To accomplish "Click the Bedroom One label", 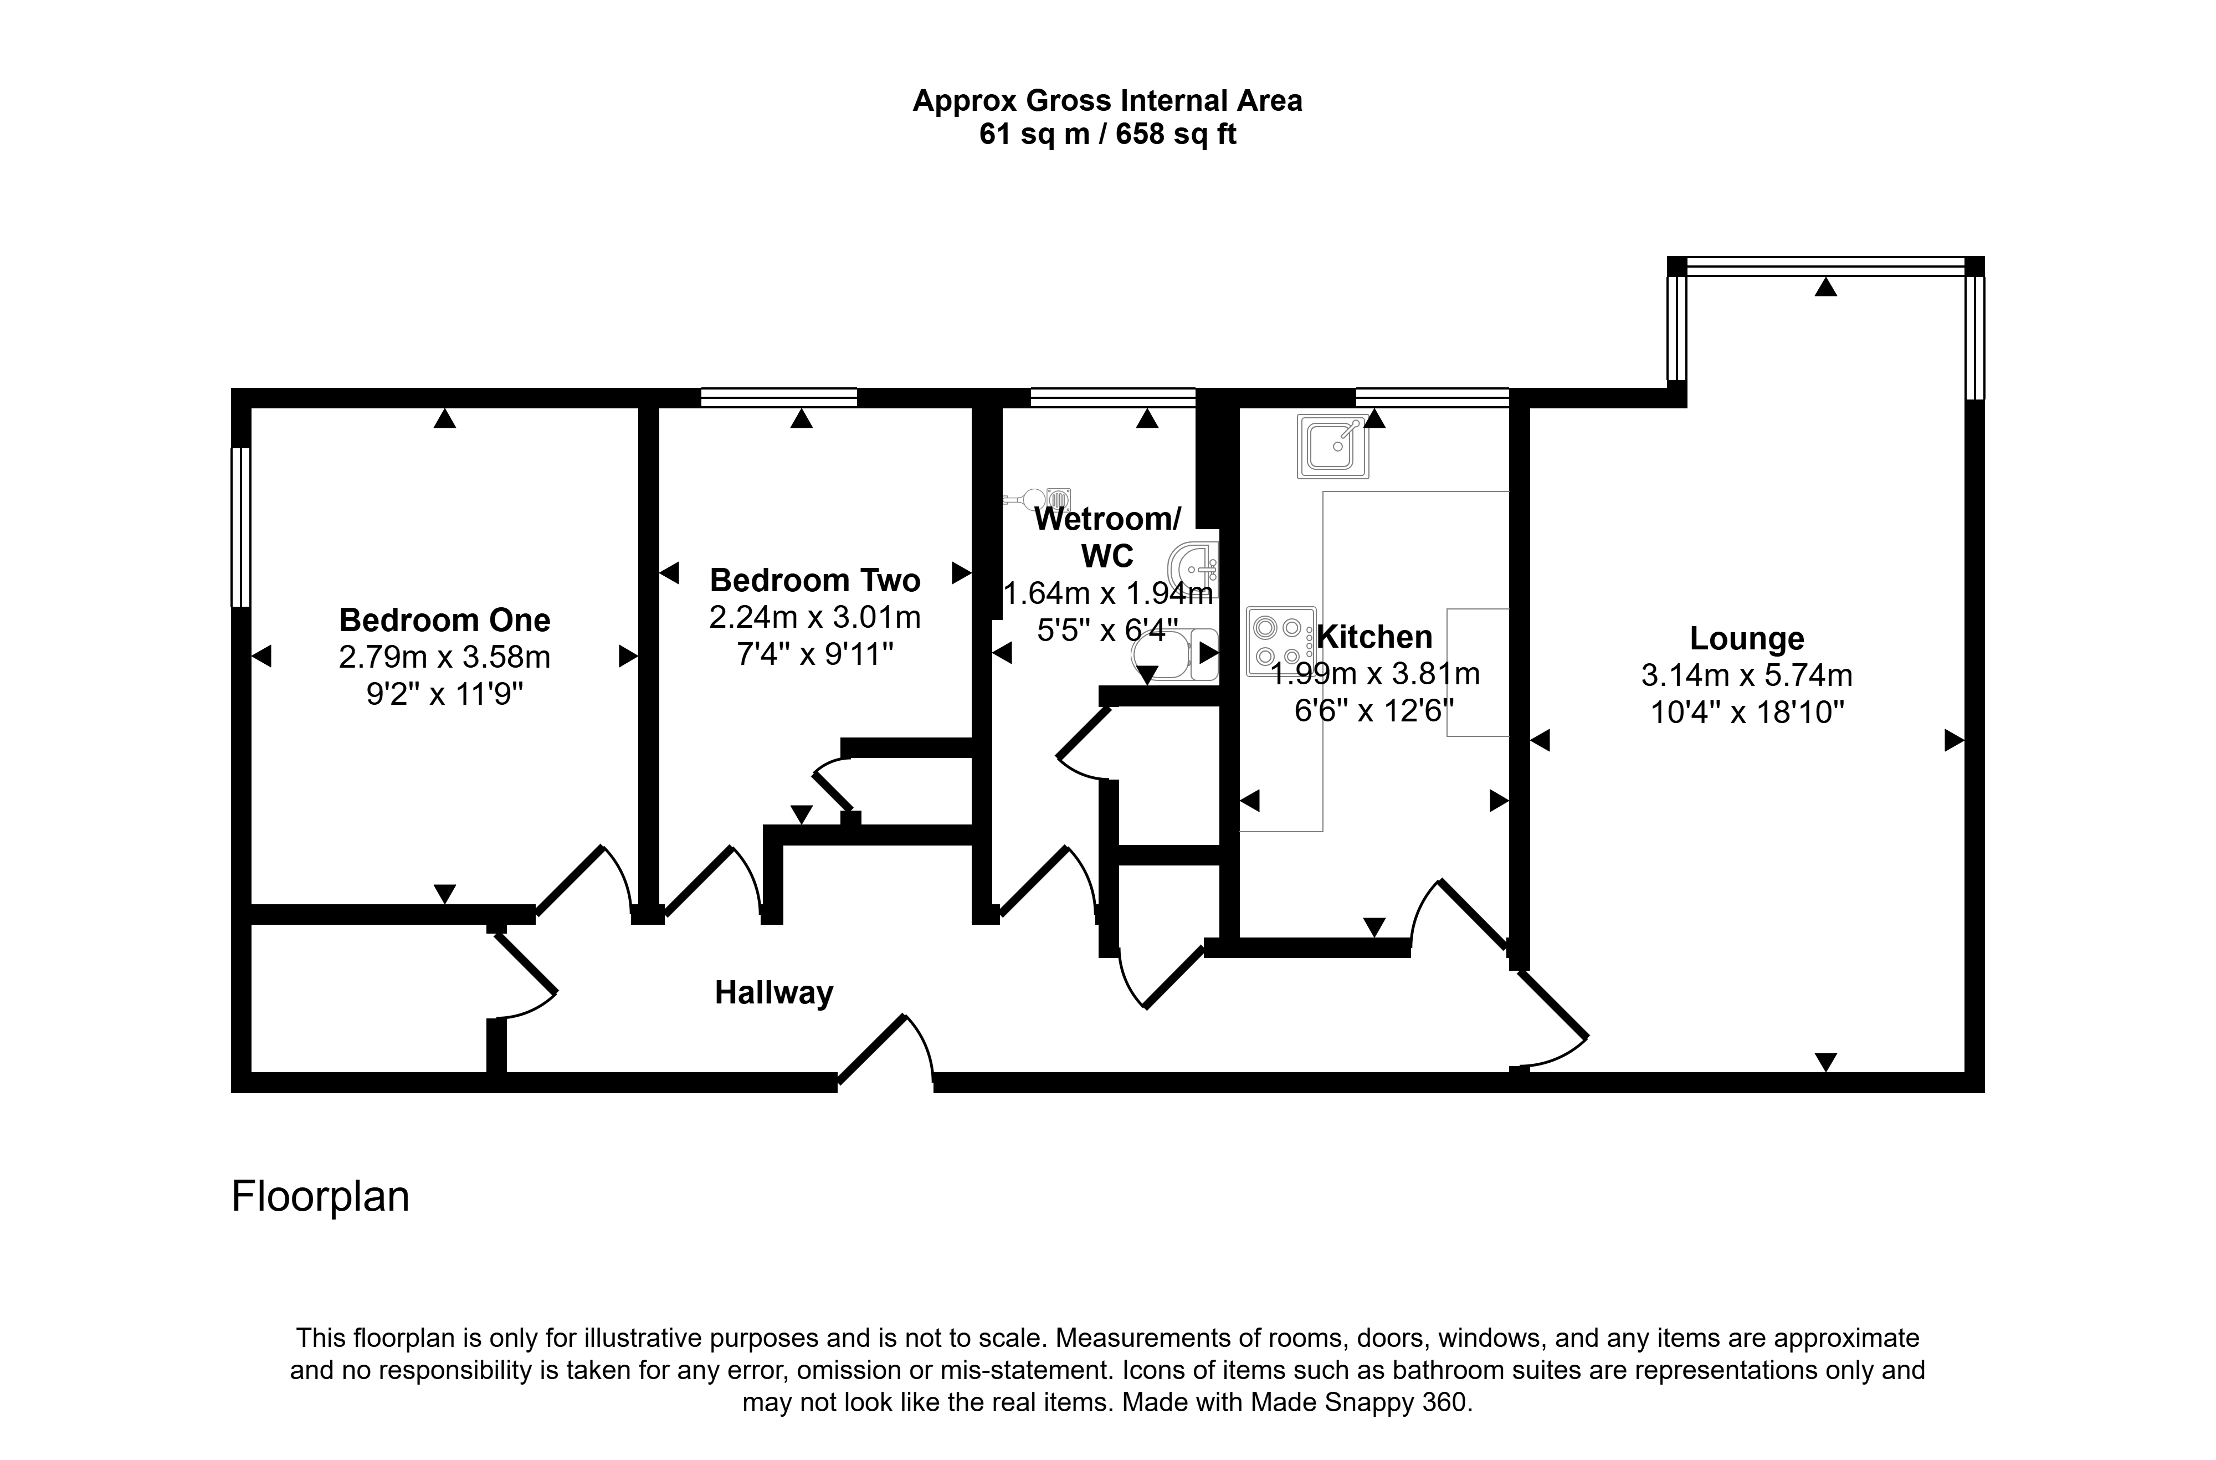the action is point(444,619).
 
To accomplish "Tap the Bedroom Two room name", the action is point(815,580).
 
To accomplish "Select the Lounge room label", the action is point(1747,639).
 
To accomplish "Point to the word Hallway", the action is point(774,992).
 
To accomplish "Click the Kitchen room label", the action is point(1375,637).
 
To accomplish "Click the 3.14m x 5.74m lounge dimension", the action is point(1747,675).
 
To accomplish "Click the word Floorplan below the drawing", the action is point(320,1196).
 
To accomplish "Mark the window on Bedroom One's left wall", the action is point(241,527).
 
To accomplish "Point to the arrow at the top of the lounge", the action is point(1826,287).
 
